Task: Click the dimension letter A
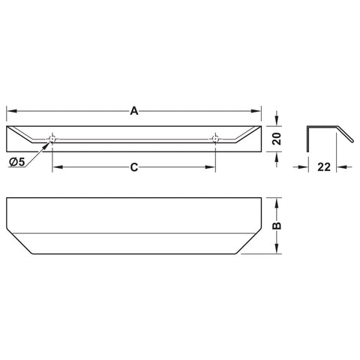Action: click(x=134, y=111)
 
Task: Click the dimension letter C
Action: click(x=134, y=167)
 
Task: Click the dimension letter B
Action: click(x=277, y=226)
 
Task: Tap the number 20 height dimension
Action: click(x=277, y=139)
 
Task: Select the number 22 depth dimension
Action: click(x=324, y=167)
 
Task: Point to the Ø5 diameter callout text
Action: click(x=17, y=162)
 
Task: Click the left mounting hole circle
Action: click(x=52, y=139)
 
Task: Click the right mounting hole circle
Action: click(x=215, y=139)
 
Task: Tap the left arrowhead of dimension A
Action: click(x=12, y=111)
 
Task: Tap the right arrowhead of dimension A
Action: click(x=256, y=111)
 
